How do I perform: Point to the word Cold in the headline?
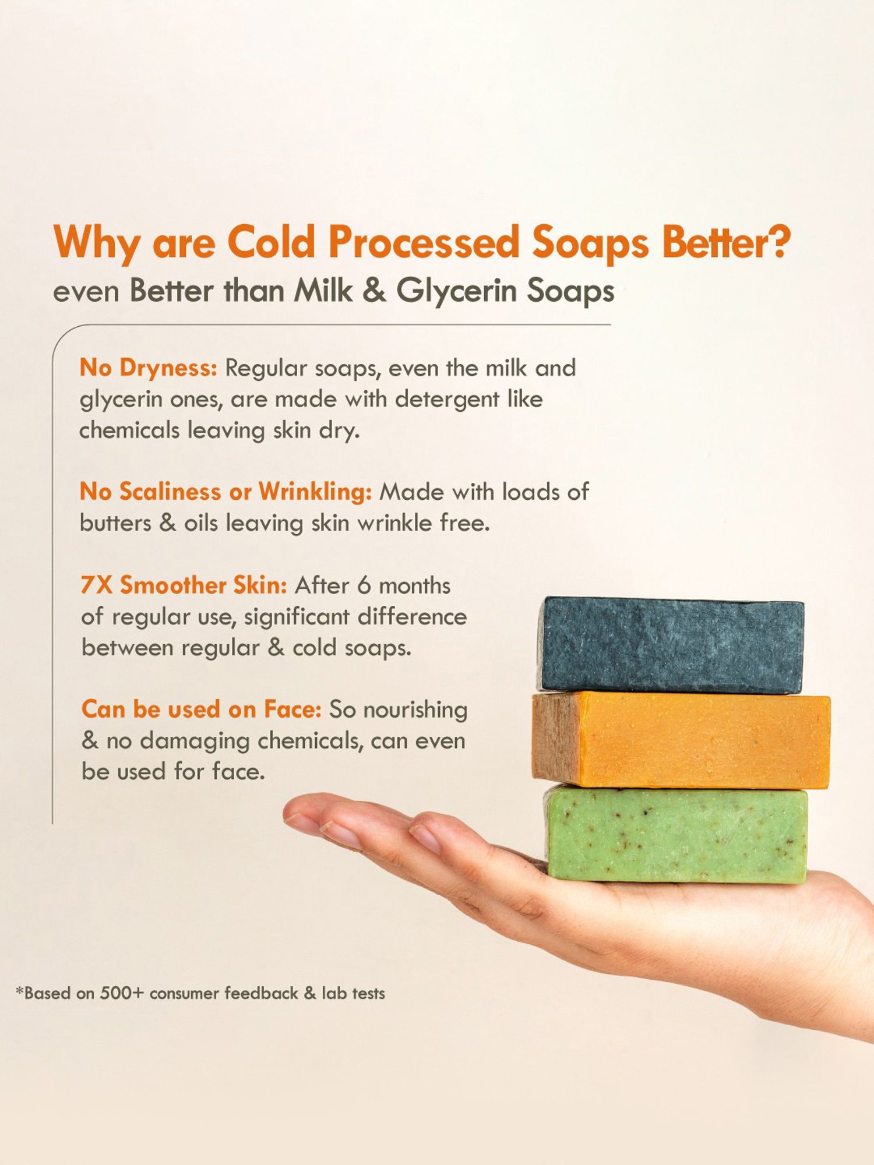[x=272, y=242]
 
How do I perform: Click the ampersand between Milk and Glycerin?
[x=373, y=290]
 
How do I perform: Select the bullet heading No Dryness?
[x=148, y=368]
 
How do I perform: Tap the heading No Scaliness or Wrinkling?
[x=225, y=492]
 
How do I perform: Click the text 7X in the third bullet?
[x=97, y=585]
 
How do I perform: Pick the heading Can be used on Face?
[x=201, y=709]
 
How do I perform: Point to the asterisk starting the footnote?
[x=20, y=991]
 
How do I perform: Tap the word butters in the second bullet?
[x=115, y=523]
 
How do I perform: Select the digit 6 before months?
[x=364, y=585]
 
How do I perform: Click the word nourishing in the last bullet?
[x=415, y=710]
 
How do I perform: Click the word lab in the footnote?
[x=334, y=993]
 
